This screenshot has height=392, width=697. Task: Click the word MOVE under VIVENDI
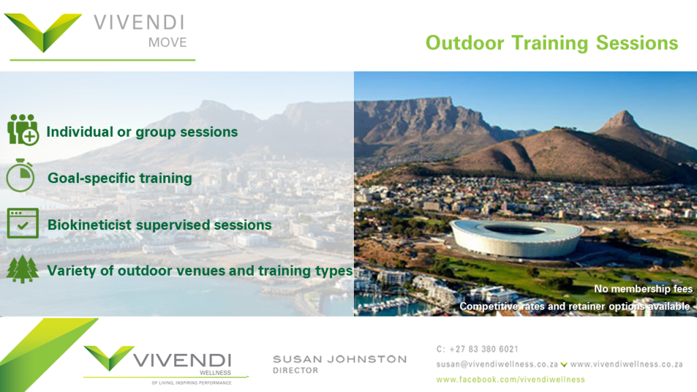167,43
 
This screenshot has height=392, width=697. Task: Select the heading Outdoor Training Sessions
551,43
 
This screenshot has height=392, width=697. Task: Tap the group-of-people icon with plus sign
22,130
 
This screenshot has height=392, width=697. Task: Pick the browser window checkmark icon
22,223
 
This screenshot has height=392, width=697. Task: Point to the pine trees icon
22,269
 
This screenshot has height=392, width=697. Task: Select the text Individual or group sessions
142,132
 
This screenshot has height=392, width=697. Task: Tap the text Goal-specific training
120,178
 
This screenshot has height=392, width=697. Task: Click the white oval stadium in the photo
516,238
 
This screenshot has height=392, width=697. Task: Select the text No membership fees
643,289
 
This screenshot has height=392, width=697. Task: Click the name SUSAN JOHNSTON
340,359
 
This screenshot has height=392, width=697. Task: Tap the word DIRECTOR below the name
295,371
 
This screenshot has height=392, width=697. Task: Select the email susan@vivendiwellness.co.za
497,365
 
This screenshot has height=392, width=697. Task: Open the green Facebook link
510,380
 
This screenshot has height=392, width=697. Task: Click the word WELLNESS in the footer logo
215,373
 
